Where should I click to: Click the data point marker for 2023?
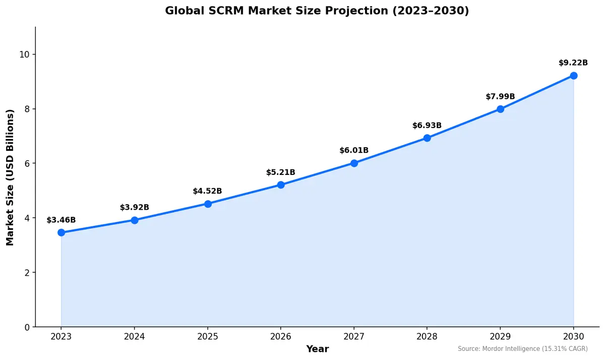coord(61,232)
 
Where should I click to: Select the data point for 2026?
coord(281,185)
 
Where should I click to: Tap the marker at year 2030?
coord(573,76)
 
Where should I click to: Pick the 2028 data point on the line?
coord(427,138)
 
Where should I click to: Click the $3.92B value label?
coord(134,207)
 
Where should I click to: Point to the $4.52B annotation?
coord(207,191)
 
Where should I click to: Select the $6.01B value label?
coord(354,150)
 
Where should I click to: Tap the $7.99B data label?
coord(500,96)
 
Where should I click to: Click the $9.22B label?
coord(573,63)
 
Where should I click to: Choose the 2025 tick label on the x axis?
coord(207,336)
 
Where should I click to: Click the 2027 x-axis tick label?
coord(354,336)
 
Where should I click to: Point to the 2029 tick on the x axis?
coord(500,336)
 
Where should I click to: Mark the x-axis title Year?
coord(317,349)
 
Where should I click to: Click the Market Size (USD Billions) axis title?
coord(10,177)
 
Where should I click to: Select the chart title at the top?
coord(317,11)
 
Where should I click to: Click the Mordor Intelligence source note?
coord(522,349)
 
